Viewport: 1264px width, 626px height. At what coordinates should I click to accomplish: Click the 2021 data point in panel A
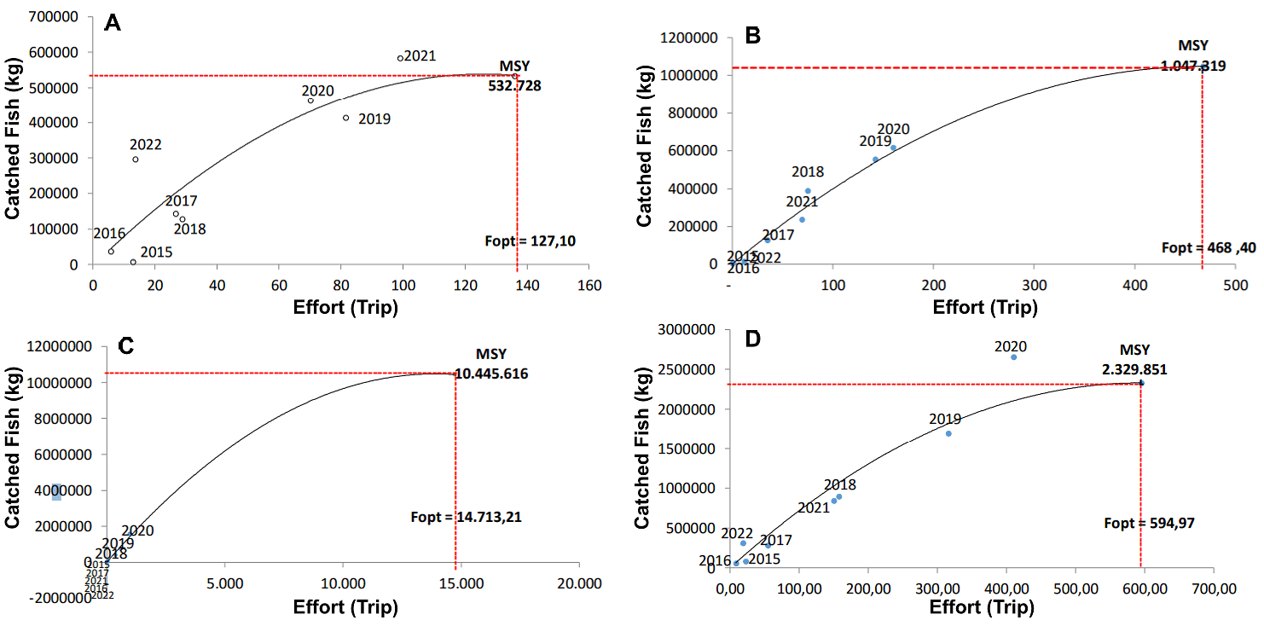click(400, 58)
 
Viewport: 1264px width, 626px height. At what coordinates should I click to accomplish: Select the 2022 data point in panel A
click(136, 159)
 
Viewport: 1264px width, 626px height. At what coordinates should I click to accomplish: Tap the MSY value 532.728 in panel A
click(514, 85)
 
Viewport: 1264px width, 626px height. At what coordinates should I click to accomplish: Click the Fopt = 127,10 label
click(530, 241)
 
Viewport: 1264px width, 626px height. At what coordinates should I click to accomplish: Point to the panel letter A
click(112, 23)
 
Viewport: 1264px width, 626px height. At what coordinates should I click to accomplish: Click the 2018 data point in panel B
click(808, 191)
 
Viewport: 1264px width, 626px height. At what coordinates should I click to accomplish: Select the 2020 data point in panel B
click(893, 148)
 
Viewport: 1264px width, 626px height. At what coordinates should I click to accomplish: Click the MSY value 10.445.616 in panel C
click(491, 374)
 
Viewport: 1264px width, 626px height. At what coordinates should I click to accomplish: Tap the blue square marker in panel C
click(56, 492)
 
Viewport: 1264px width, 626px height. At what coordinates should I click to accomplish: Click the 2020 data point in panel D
click(1013, 356)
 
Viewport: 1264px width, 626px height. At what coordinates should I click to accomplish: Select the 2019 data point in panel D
click(948, 433)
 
